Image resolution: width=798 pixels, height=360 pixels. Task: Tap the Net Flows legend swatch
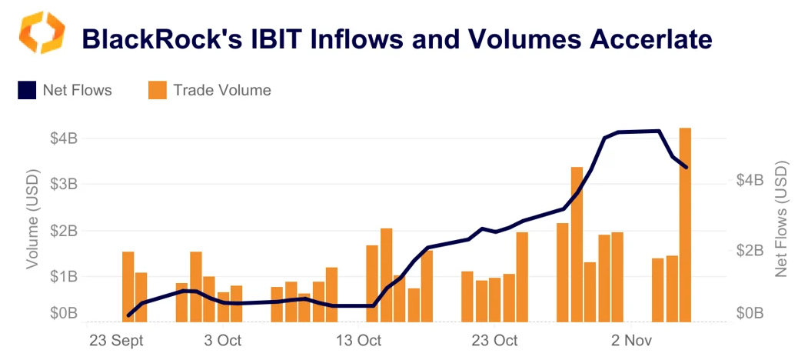click(x=26, y=91)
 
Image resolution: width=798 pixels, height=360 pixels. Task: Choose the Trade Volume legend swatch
click(x=157, y=91)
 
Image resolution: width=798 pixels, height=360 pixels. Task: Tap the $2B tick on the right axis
click(x=749, y=251)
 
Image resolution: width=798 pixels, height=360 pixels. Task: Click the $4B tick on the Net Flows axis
click(x=749, y=180)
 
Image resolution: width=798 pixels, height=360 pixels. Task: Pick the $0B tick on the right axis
click(x=749, y=314)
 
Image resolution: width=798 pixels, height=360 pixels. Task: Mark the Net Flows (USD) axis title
click(x=781, y=219)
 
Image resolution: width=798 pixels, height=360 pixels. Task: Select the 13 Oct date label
click(x=359, y=340)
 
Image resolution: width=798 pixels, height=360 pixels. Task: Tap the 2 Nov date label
click(x=631, y=340)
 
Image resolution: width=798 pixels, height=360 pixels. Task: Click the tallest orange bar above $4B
click(x=685, y=223)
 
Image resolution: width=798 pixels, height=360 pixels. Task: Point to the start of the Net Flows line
click(x=128, y=315)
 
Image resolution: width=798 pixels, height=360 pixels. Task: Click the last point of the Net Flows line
click(x=686, y=167)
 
